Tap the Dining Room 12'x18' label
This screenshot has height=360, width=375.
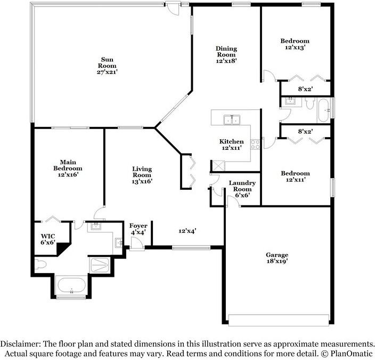(226, 54)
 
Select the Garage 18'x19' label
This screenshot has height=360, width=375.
(278, 259)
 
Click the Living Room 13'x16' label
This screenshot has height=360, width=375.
(142, 175)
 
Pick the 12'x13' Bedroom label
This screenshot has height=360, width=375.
(295, 44)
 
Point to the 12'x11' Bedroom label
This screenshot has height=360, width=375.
(295, 177)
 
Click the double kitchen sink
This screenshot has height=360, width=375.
(232, 119)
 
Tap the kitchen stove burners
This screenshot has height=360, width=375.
(255, 143)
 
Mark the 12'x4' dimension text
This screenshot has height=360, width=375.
(187, 231)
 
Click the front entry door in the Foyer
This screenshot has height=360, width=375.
(136, 243)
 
